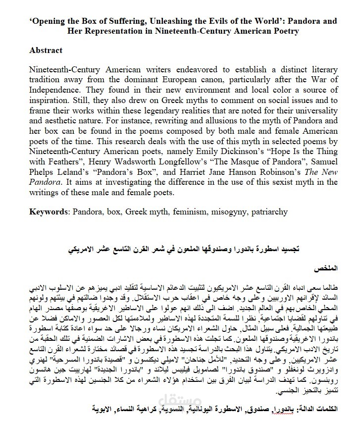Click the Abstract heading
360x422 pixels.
point(46,51)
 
